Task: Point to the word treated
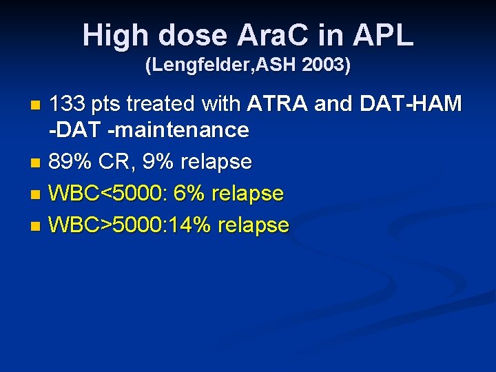point(169,105)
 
